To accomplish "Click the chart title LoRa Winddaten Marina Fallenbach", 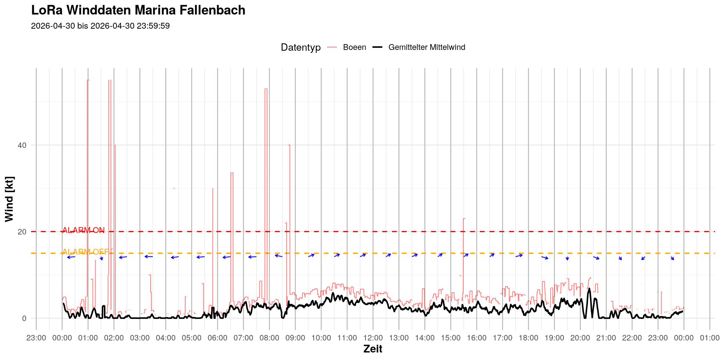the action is tap(138, 10).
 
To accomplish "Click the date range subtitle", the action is tap(100, 26).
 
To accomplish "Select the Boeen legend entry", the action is tap(347, 47).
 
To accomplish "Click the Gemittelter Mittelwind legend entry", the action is tap(419, 47).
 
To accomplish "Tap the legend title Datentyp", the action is tap(301, 47).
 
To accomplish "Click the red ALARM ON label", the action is tap(83, 230).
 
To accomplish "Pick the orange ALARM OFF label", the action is tap(86, 252).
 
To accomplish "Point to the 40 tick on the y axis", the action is tap(22, 145).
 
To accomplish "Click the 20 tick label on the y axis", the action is tap(22, 232).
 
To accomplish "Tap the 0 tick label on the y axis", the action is tap(24, 318).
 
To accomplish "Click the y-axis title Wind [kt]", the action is tap(9, 199).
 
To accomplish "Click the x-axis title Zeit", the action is tap(373, 349).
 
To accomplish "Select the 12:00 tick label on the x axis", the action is tap(373, 338).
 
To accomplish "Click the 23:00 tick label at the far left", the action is tap(36, 338).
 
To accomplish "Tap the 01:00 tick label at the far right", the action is tap(710, 338).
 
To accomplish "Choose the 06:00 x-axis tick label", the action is tap(217, 338).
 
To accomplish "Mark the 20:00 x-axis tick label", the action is tap(580, 338).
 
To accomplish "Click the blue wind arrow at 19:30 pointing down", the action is tap(567, 258).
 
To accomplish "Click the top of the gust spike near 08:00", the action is tap(266, 89).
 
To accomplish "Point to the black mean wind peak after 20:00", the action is tap(589, 289).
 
